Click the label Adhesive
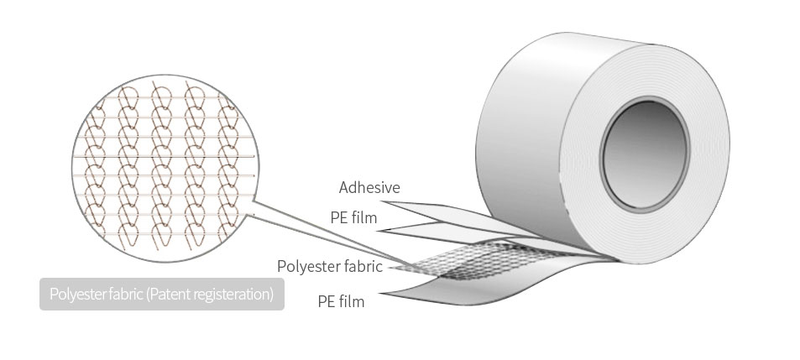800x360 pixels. pos(369,188)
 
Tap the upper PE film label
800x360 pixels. pos(353,217)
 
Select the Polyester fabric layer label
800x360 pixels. pos(330,266)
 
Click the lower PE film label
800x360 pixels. pos(341,301)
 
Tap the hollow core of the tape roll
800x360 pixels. pos(645,154)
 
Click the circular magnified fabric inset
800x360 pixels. pos(165,169)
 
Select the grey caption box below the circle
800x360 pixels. pos(162,295)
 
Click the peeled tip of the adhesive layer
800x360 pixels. pos(383,202)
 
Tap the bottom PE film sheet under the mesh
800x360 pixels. pos(489,284)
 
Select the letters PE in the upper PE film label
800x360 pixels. pos(338,217)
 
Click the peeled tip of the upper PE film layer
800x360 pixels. pos(379,231)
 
